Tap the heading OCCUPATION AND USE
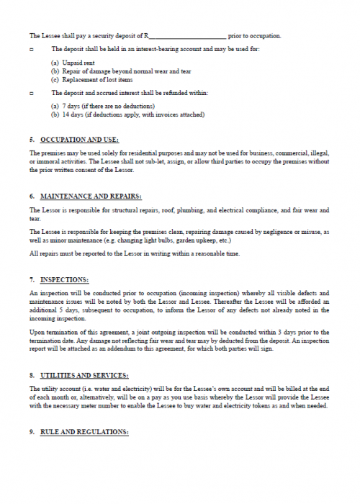[80, 139]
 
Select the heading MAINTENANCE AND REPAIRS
[91, 196]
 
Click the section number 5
[32, 139]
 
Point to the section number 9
[32, 432]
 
